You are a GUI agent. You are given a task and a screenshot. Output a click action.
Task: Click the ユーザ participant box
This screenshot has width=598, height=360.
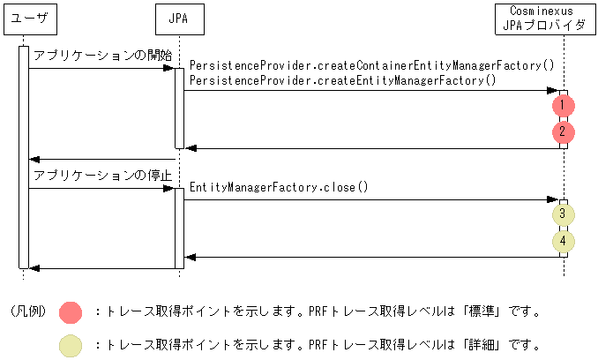[24, 17]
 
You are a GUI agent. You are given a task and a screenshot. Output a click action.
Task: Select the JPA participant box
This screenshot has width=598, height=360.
[178, 17]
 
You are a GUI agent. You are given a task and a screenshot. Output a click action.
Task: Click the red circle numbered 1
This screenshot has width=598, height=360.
[563, 106]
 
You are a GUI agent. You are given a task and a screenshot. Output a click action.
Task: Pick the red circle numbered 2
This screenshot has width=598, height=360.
[563, 133]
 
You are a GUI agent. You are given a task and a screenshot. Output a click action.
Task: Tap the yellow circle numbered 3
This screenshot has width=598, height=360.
[563, 214]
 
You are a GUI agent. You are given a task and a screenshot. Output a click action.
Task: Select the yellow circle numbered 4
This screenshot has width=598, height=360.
[563, 241]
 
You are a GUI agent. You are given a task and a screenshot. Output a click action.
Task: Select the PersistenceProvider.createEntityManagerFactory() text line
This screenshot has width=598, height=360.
[343, 79]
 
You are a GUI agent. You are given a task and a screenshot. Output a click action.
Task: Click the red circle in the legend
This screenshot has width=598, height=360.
[70, 311]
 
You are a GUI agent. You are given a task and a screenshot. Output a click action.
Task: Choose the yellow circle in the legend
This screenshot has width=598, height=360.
[70, 345]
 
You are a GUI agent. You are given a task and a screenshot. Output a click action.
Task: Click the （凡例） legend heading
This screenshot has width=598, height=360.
[28, 311]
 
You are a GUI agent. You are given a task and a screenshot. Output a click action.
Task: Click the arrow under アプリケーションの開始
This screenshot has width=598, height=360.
[101, 69]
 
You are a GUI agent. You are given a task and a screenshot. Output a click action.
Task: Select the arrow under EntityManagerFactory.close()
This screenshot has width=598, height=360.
[370, 199]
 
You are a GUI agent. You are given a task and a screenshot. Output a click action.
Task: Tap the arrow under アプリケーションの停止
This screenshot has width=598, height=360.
[101, 188]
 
